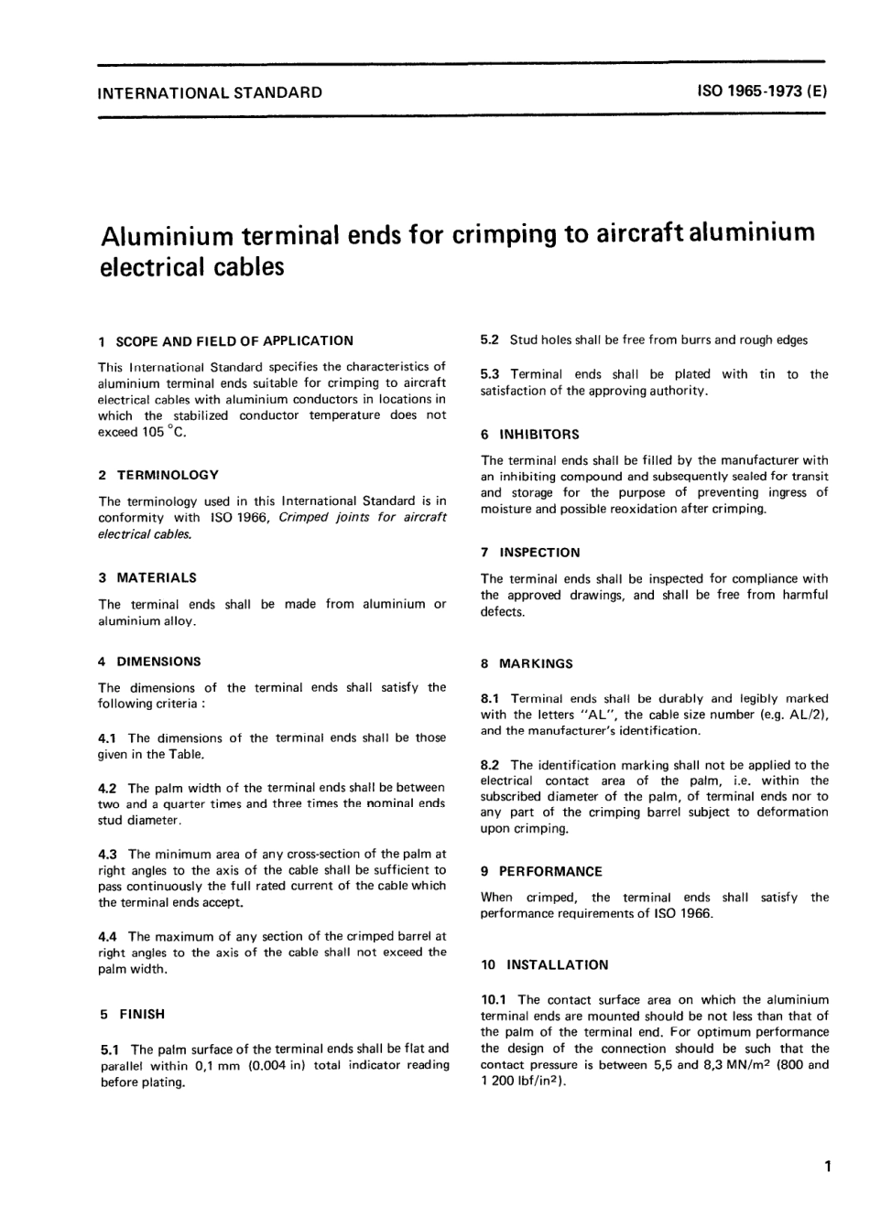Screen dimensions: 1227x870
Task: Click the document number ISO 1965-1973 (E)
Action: coord(762,91)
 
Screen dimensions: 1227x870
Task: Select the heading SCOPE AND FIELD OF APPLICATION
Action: coord(234,340)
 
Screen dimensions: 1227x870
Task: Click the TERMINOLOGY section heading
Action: coord(168,475)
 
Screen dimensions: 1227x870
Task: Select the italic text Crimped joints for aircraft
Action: coord(363,517)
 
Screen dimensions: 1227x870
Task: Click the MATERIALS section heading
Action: coord(157,577)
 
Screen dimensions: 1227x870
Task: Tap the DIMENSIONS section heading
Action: coord(158,661)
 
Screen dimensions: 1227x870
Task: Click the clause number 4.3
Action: coord(108,854)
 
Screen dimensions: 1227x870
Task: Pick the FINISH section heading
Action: coord(142,1014)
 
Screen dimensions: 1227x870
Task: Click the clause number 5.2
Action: coord(490,340)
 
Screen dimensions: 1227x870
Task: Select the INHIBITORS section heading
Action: coord(539,434)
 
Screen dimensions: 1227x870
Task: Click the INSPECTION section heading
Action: coord(539,553)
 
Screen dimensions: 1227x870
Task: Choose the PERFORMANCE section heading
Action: coord(550,871)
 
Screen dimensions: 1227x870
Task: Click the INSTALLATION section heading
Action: coord(558,964)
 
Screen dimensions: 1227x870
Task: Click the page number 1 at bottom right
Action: coord(826,1167)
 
